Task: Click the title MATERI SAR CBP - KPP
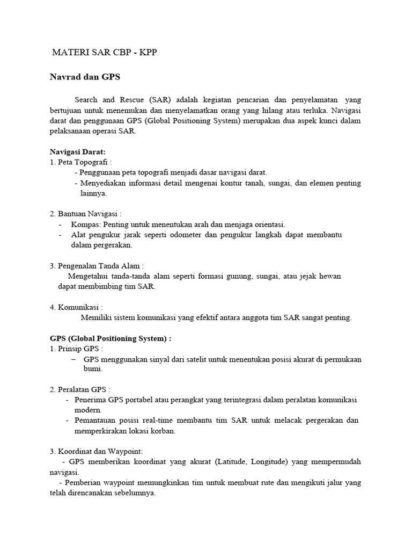coord(105,53)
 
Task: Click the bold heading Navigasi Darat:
coord(78,153)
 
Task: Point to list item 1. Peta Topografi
coord(81,162)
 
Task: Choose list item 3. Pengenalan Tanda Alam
coord(97,266)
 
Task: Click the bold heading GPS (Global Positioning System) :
coord(111,338)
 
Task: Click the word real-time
coord(156,420)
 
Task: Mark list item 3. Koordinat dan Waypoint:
coord(97,451)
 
